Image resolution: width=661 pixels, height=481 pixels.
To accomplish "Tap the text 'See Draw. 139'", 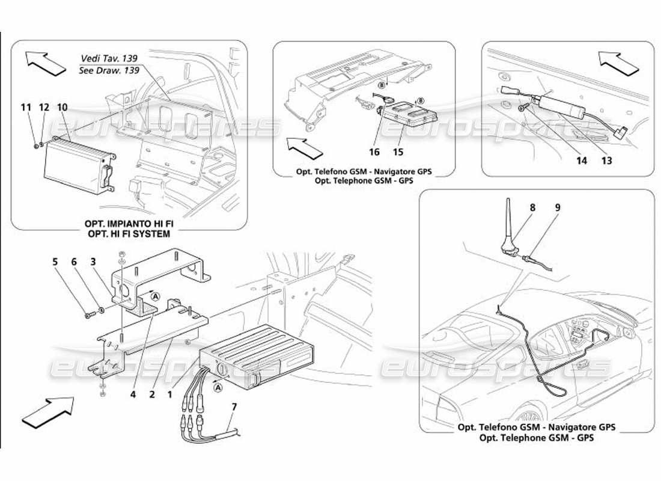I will point(109,70).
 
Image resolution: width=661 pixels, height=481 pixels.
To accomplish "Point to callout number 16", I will point(374,153).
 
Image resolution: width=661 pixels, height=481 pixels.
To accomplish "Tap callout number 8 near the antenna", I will point(532,207).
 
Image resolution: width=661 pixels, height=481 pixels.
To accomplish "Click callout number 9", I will point(558,207).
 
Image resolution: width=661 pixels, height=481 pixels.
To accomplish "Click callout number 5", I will point(55,262).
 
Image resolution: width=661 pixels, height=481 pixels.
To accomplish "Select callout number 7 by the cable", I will point(234,408).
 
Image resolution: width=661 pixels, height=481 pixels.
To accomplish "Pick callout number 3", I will point(93,262).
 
